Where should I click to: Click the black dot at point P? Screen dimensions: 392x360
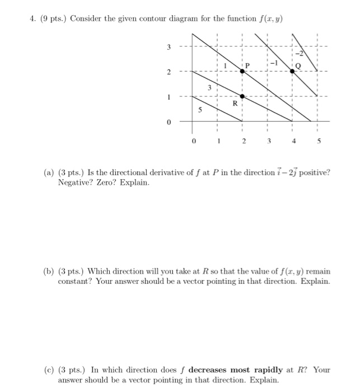(242, 71)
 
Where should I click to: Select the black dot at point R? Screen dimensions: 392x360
(242, 96)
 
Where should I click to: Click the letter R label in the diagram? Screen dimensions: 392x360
(236, 104)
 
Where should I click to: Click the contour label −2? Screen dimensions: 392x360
(298, 54)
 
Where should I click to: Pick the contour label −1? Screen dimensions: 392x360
(275, 63)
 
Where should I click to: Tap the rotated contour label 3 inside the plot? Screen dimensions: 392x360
(209, 87)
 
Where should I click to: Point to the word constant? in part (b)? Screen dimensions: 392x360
(76, 282)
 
